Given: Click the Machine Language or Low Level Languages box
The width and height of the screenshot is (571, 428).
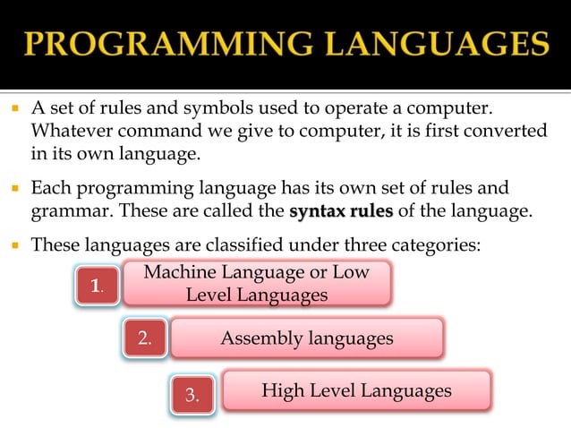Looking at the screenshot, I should tap(256, 283).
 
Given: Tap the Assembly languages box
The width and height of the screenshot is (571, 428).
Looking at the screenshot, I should tap(307, 338).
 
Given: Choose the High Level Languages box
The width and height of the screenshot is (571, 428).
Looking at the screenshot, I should tap(356, 391).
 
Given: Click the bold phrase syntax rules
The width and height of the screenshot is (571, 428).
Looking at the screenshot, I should tap(342, 212).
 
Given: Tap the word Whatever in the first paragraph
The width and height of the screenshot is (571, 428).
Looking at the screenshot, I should tap(70, 131).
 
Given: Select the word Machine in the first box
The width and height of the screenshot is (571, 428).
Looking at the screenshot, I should tap(177, 272).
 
